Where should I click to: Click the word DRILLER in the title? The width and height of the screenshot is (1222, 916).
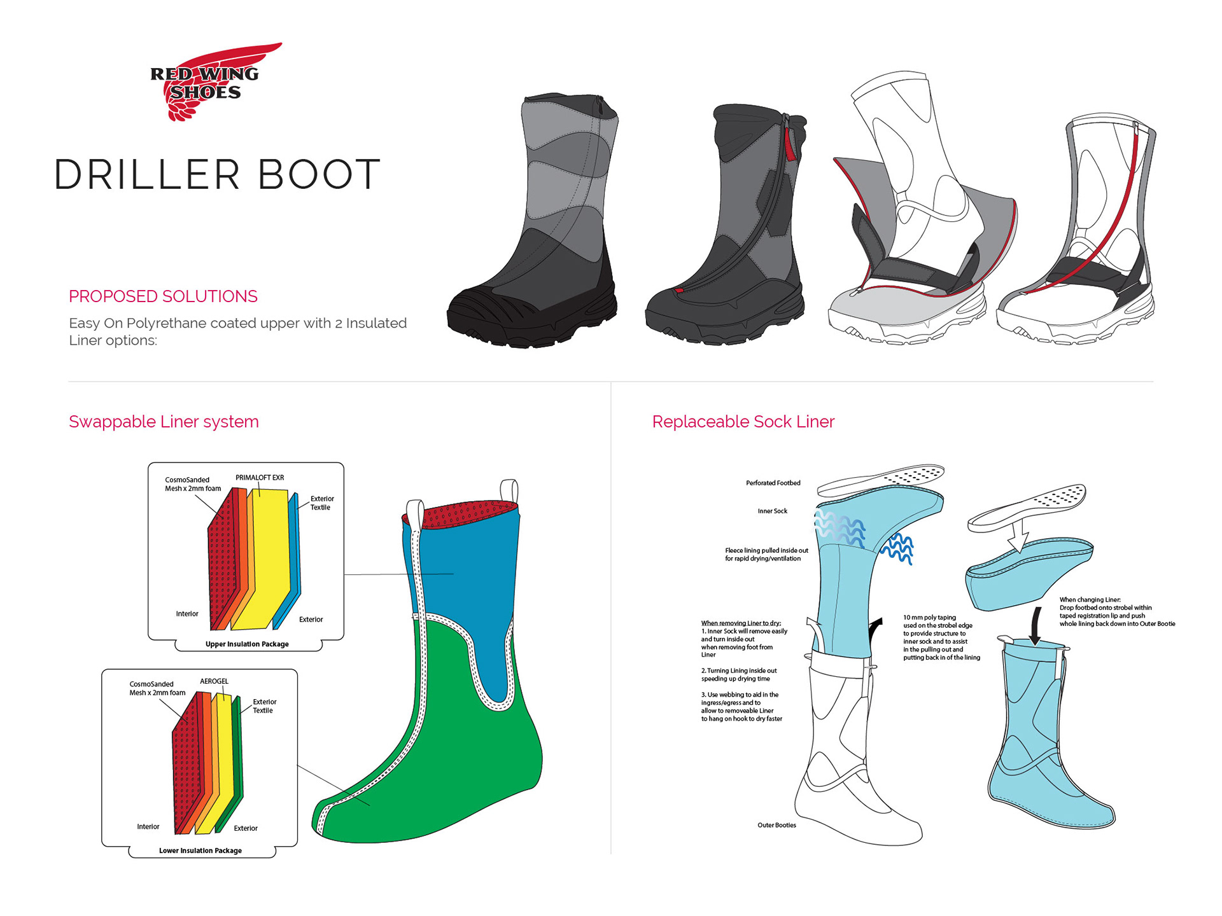click(147, 175)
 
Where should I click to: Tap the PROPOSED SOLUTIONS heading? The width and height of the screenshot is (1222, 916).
click(163, 296)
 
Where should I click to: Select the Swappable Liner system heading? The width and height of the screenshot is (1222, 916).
click(164, 422)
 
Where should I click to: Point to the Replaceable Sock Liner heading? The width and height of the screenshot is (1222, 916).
click(743, 422)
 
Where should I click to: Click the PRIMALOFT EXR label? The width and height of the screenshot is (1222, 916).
click(260, 478)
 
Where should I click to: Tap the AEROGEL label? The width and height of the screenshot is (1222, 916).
click(214, 681)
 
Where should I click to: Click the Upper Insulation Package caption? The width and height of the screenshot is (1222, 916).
click(247, 644)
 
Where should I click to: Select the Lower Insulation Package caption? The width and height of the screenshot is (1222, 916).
click(200, 850)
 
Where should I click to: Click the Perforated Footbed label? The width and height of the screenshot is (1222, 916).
click(773, 483)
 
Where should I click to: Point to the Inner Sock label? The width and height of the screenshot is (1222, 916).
click(772, 511)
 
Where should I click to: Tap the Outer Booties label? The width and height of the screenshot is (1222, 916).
click(776, 825)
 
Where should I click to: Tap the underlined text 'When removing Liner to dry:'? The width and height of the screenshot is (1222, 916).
click(741, 623)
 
